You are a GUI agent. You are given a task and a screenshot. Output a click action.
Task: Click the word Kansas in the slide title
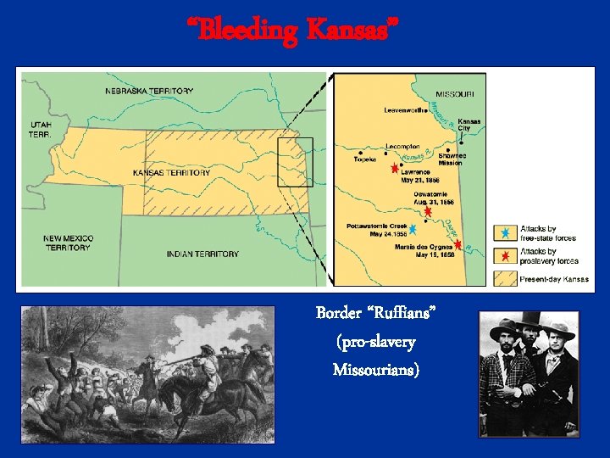[347, 30]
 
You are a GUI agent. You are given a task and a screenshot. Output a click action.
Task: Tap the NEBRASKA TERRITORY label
[149, 91]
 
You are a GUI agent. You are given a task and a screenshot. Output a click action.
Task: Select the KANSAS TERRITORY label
[172, 173]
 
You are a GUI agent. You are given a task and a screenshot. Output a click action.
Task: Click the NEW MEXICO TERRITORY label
[69, 243]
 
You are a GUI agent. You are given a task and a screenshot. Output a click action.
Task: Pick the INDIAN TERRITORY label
[202, 254]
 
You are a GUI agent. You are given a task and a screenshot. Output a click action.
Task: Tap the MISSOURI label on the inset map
[460, 93]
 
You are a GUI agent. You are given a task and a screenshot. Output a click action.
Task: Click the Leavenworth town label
[406, 110]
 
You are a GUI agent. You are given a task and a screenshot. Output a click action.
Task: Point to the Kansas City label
[469, 125]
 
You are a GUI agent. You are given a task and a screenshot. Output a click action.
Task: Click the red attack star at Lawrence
[394, 169]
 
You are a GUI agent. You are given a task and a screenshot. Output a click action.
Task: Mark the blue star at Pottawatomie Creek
[413, 228]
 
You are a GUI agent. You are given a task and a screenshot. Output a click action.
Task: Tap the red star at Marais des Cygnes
[457, 244]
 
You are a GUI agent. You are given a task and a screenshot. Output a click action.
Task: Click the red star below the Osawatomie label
[428, 212]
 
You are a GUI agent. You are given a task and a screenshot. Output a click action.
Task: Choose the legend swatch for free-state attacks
[504, 232]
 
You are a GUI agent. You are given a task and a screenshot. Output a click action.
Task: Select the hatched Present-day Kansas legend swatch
[504, 277]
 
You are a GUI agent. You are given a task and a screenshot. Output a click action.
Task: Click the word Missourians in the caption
[374, 369]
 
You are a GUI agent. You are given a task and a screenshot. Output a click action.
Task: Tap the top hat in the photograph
[531, 321]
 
